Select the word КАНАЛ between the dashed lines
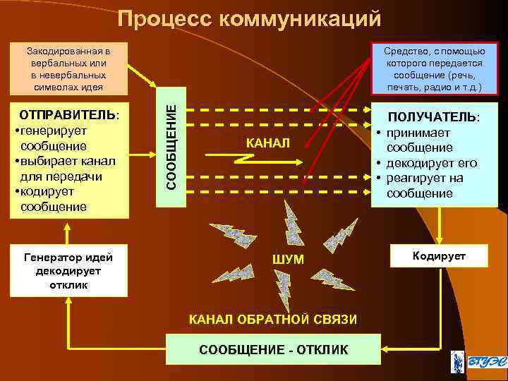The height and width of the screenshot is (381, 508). click(x=267, y=143)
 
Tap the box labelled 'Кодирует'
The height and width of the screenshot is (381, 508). click(x=440, y=256)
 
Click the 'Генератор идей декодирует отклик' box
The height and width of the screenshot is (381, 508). click(x=68, y=271)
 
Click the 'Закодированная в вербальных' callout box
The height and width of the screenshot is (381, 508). click(x=68, y=69)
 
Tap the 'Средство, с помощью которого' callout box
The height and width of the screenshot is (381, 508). click(x=435, y=69)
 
